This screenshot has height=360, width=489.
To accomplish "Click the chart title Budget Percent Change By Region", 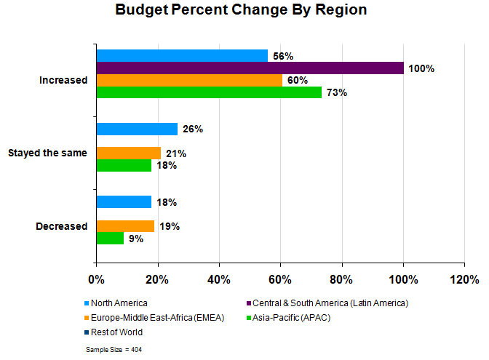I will pos(241,11).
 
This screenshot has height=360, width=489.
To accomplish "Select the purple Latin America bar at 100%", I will pos(250,68).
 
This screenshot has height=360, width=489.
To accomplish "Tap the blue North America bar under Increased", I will pos(182,56).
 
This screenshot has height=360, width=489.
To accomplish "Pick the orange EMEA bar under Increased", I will pos(188,80).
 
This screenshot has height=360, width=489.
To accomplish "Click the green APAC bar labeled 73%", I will pos(208,92).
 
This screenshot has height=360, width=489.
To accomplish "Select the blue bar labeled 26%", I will pos(136,129).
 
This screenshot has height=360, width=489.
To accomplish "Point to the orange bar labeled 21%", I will pos(128,153).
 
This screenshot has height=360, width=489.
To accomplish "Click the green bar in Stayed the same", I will pos(124,165).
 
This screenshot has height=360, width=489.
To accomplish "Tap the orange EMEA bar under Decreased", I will pos(125,226).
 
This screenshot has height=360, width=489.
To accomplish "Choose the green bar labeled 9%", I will pos(110,238).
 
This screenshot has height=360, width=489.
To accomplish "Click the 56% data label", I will pos(282,56).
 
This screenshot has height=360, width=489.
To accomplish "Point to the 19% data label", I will pos(170,226).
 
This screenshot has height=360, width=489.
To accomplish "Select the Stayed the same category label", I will pos(47,153).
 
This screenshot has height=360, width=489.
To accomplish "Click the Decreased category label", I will pos(61,226).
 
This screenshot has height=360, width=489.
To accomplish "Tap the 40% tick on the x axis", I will pos(219,279).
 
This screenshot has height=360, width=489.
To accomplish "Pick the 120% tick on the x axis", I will pos(464,279).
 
